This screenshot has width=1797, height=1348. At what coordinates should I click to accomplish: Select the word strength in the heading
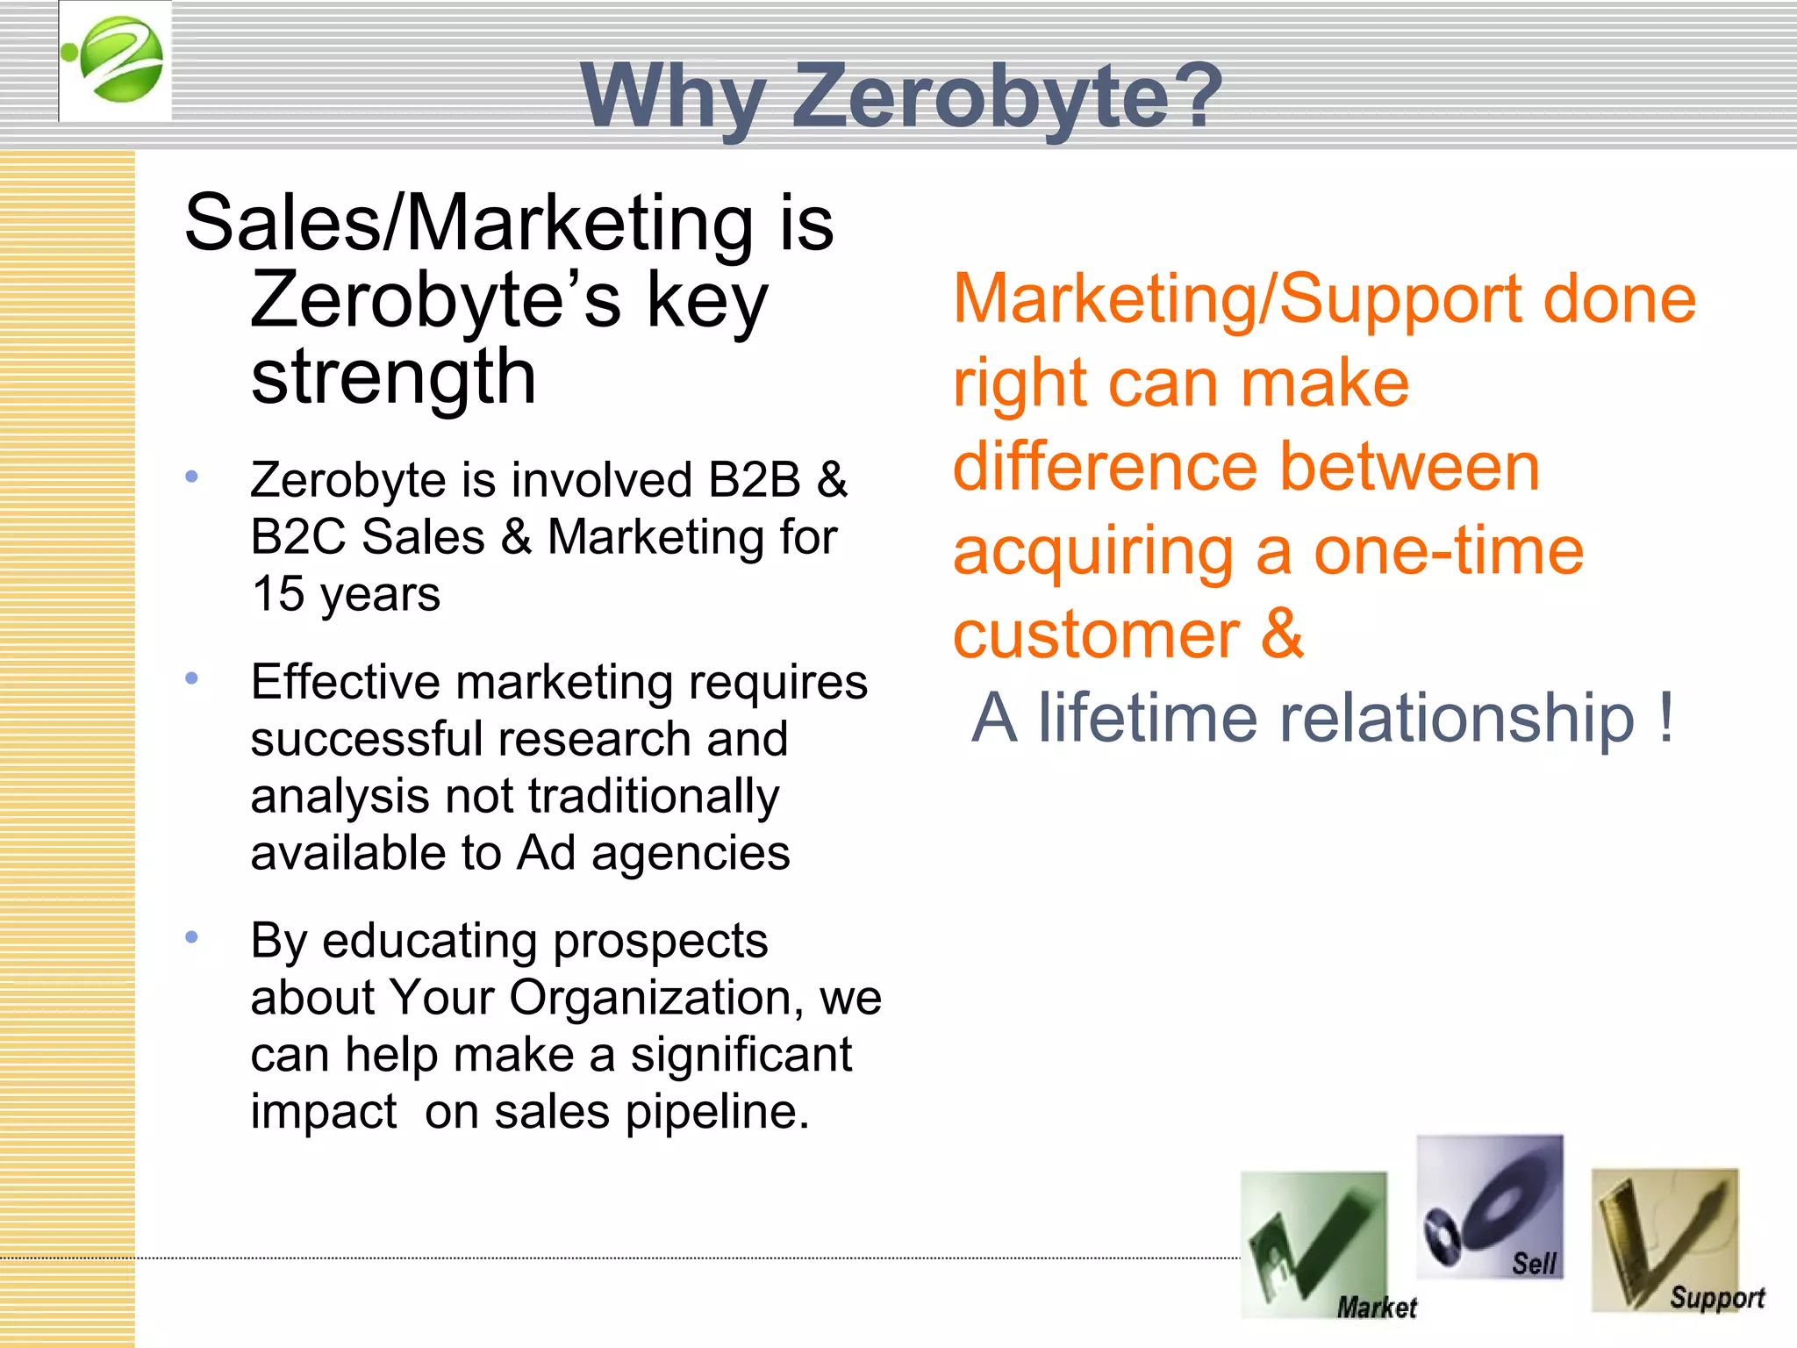pyautogui.click(x=393, y=378)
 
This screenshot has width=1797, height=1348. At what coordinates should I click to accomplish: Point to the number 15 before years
pyautogui.click(x=277, y=594)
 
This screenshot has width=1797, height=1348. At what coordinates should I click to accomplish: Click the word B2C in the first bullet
pyautogui.click(x=297, y=537)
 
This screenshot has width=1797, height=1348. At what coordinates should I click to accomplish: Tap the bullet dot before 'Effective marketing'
pyautogui.click(x=192, y=678)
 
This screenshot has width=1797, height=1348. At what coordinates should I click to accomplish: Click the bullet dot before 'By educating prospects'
pyautogui.click(x=192, y=937)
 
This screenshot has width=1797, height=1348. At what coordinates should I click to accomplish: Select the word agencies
pyautogui.click(x=691, y=853)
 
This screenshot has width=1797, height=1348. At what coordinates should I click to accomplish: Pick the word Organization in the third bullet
pyautogui.click(x=650, y=998)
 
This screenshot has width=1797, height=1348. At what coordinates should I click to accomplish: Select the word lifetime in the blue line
pyautogui.click(x=1152, y=718)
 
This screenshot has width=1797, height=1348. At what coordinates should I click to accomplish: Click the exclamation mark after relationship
pyautogui.click(x=1666, y=718)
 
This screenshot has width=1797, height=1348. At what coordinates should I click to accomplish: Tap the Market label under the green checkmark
pyautogui.click(x=1376, y=1308)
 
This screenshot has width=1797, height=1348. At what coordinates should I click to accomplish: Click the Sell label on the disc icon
pyautogui.click(x=1534, y=1264)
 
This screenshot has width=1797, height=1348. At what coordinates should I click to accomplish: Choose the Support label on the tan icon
pyautogui.click(x=1716, y=1297)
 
